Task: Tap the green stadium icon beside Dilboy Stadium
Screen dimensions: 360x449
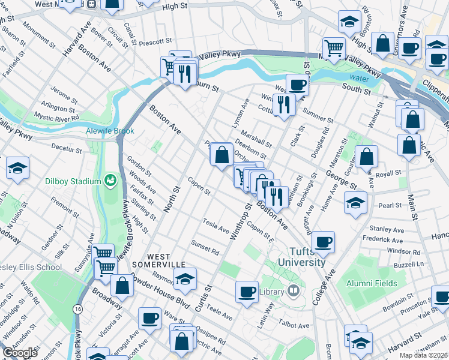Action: coord(110,180)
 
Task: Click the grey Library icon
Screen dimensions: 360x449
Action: coord(293,291)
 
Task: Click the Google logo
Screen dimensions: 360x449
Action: coord(20,353)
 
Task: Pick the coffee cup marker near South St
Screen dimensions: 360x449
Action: coord(297,85)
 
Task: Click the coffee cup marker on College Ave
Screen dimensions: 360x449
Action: coord(324,241)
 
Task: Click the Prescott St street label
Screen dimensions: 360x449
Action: coord(155,43)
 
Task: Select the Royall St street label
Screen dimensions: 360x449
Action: coord(389,173)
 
